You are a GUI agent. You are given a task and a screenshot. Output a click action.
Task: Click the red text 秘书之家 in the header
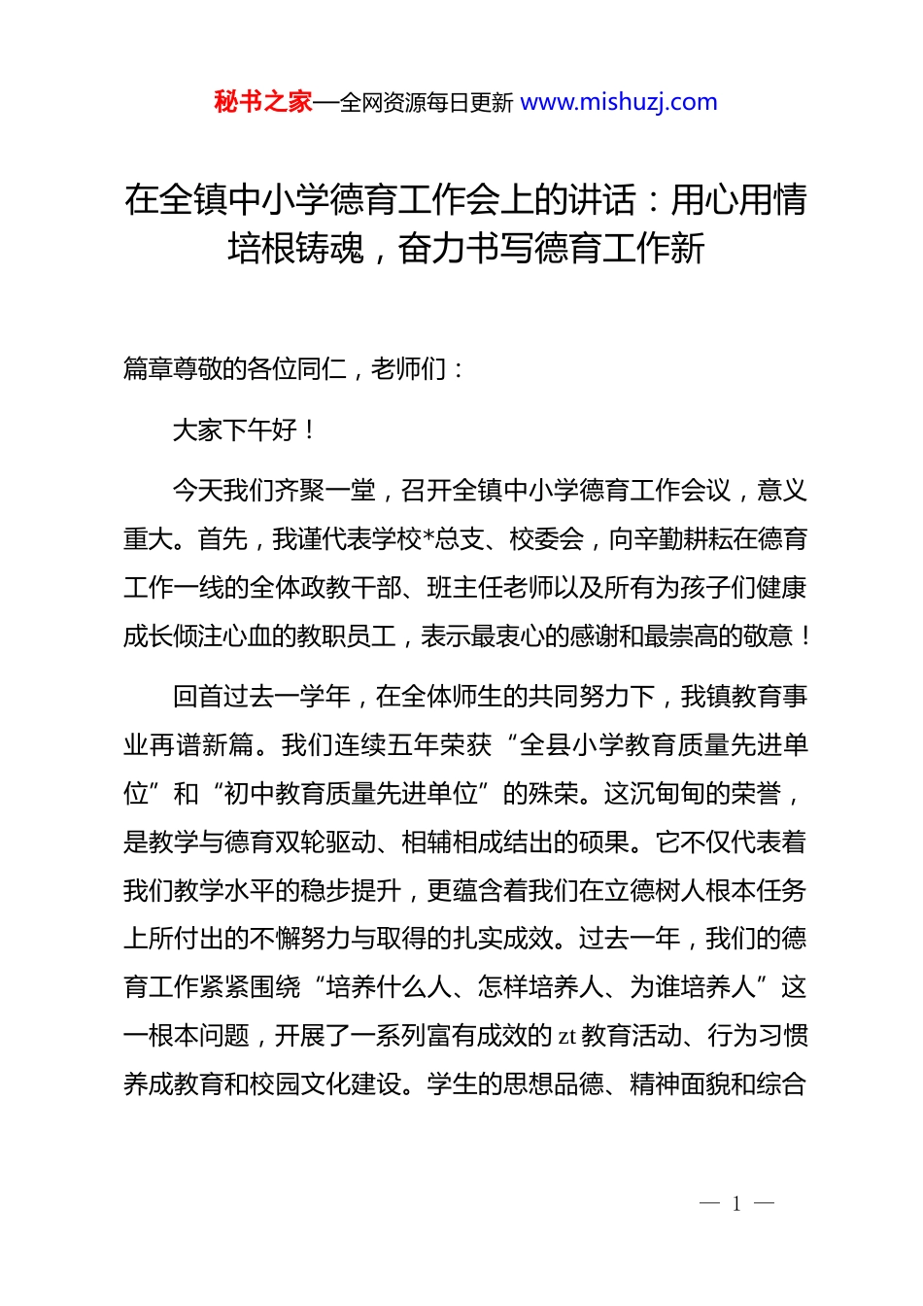263,102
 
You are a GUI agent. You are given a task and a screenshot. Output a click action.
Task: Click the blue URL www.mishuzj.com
619,102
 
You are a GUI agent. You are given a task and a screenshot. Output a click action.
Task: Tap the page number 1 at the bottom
736,1204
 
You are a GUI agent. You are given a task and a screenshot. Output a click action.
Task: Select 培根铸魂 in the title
295,249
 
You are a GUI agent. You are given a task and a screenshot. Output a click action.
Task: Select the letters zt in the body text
567,1037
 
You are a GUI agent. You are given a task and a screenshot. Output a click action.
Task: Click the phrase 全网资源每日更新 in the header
427,103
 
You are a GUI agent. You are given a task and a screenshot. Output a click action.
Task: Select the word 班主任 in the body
464,588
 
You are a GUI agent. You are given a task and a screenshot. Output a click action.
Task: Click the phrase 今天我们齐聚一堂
273,491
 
